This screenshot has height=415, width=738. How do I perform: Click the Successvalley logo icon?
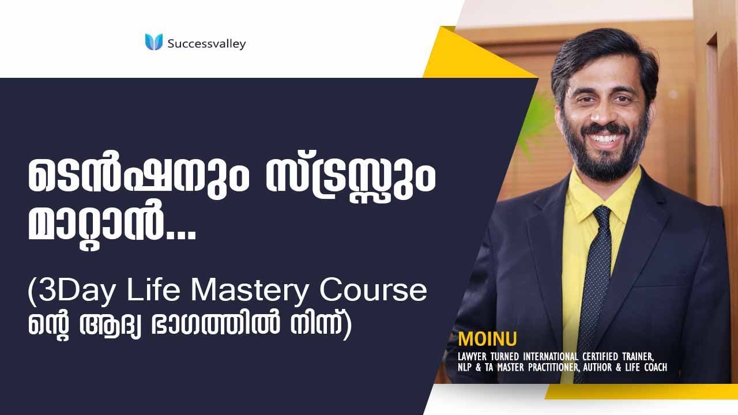click(x=154, y=42)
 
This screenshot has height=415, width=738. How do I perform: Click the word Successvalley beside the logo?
click(x=206, y=43)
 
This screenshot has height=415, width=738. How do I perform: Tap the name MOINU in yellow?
click(x=479, y=338)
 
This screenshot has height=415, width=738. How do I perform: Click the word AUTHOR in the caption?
click(x=601, y=367)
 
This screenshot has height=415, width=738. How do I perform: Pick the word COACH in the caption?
click(x=654, y=367)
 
